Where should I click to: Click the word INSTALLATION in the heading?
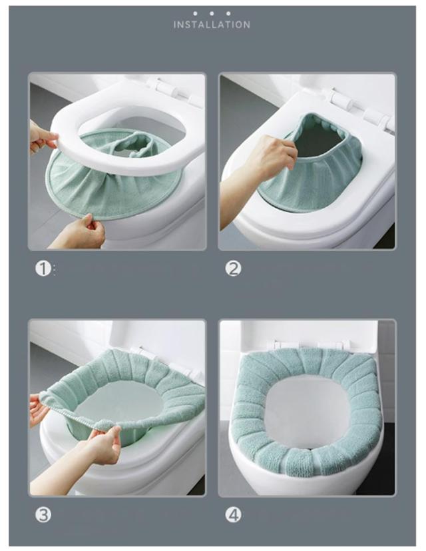pyautogui.click(x=212, y=25)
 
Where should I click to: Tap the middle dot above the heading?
pyautogui.click(x=212, y=13)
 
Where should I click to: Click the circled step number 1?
pyautogui.click(x=43, y=269)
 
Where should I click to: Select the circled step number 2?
pyautogui.click(x=233, y=269)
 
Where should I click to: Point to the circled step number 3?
pyautogui.click(x=43, y=515)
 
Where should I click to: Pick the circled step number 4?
pyautogui.click(x=233, y=515)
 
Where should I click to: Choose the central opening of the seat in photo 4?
pyautogui.click(x=308, y=411)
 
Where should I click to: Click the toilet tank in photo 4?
pyautogui.click(x=309, y=332)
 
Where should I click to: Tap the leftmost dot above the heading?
pyautogui.click(x=195, y=13)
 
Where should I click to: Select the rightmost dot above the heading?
pyautogui.click(x=228, y=13)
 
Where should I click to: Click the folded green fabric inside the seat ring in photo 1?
pyautogui.click(x=138, y=144)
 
